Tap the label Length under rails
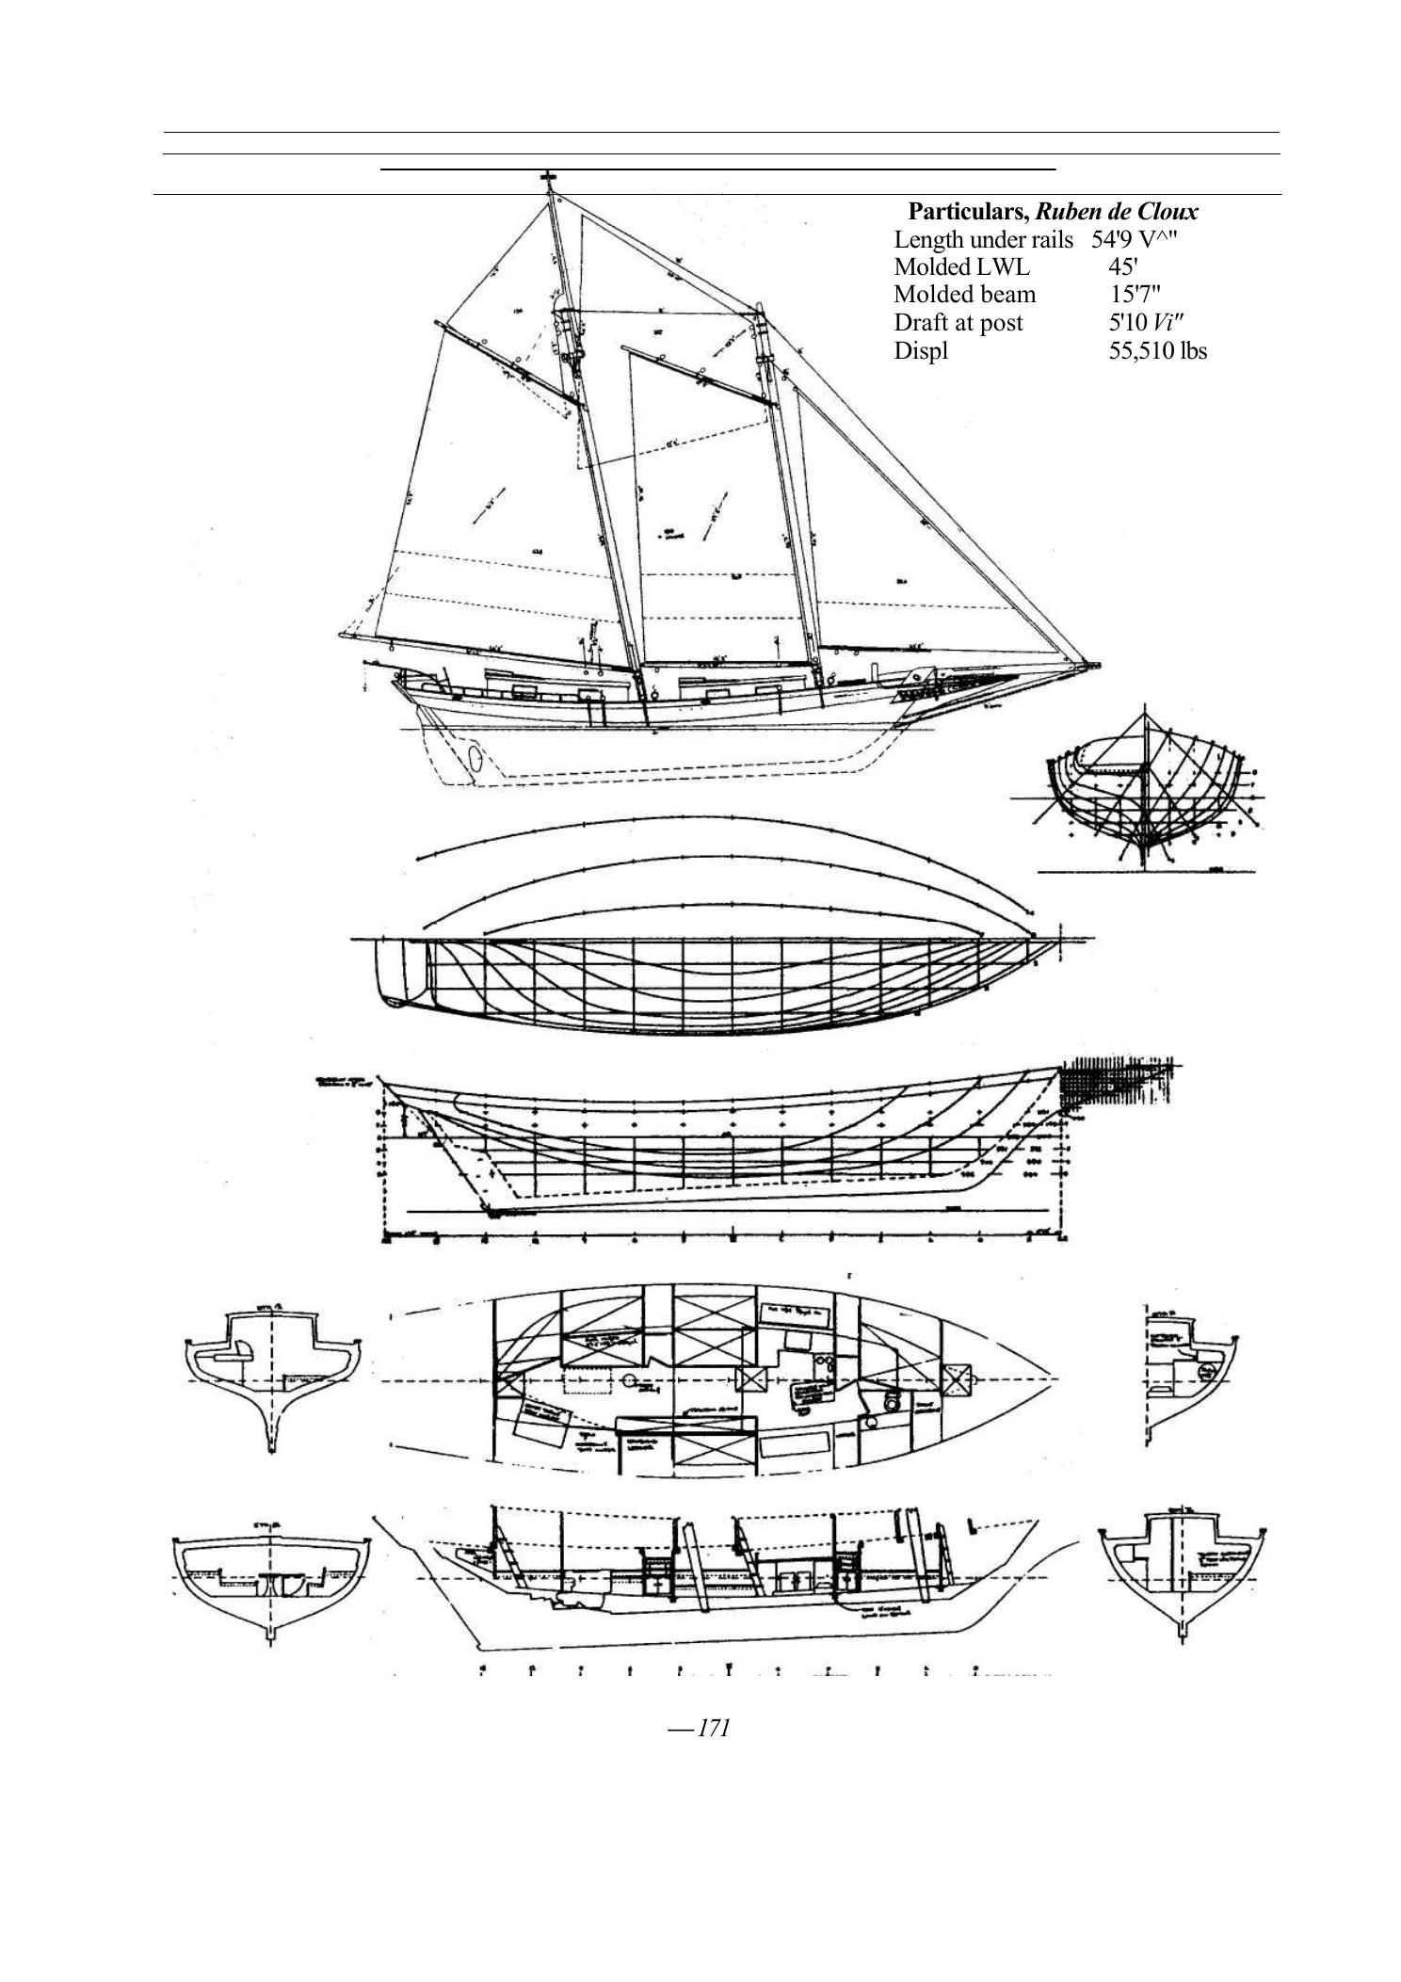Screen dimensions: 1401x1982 [982, 240]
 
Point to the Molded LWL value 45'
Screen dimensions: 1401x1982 [1123, 266]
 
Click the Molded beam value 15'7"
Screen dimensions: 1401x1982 [1135, 295]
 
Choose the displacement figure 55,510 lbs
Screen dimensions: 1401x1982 [1157, 352]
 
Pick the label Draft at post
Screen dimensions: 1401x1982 [958, 323]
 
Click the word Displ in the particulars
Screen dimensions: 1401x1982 [920, 352]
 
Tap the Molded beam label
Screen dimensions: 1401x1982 [964, 295]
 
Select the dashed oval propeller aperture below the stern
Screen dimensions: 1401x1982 [475, 757]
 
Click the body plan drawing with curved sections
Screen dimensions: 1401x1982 [1144, 791]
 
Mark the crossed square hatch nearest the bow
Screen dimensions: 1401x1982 [958, 1380]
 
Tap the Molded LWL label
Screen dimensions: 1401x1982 [961, 266]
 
